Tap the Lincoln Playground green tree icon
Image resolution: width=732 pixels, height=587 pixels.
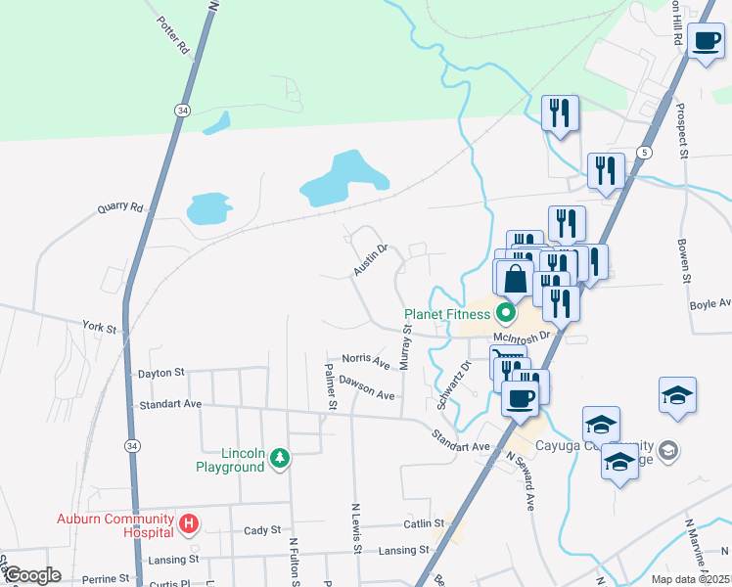[281, 457]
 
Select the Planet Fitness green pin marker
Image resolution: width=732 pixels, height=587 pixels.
[505, 314]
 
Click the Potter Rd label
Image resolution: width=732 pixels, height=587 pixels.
[171, 36]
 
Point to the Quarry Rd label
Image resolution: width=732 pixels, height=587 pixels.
[120, 208]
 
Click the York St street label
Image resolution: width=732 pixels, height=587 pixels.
[100, 327]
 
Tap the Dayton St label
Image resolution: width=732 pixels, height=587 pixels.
[161, 373]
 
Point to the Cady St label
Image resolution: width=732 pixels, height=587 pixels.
[262, 530]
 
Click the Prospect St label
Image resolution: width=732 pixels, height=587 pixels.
[682, 131]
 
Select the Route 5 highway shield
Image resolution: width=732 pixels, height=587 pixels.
[643, 153]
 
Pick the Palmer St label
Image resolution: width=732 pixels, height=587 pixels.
[332, 386]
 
